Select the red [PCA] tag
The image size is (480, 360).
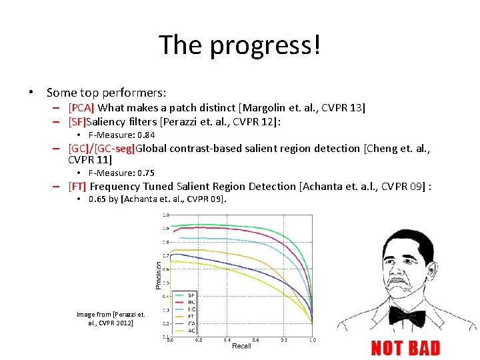tap(81, 107)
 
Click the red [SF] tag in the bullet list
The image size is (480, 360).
tap(77, 122)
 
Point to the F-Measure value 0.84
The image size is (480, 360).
tap(145, 135)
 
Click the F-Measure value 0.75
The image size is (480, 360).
tap(145, 173)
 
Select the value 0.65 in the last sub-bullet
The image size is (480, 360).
tap(97, 199)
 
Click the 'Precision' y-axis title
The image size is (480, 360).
tap(158, 274)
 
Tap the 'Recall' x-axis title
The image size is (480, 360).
tap(241, 346)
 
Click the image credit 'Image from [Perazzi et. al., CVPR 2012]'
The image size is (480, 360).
tap(111, 318)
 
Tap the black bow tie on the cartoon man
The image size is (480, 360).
tap(407, 315)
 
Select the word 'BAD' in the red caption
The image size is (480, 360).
tap(424, 348)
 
